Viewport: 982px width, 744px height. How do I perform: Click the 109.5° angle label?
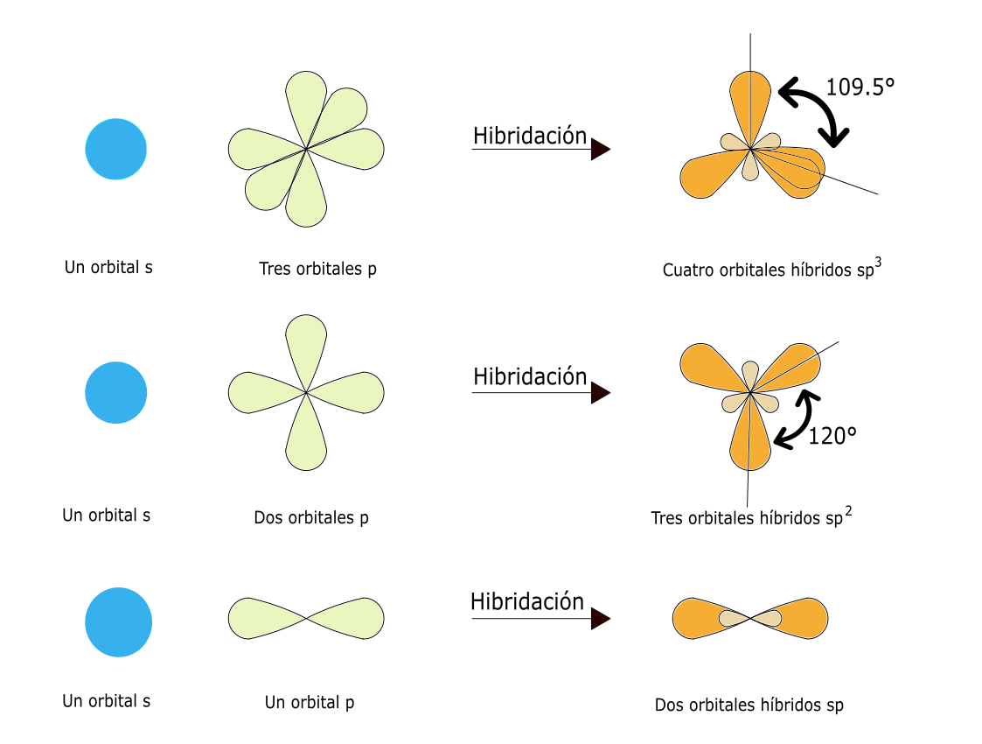click(860, 87)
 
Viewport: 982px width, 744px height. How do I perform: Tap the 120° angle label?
click(832, 435)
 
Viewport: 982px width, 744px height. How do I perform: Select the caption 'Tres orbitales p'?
click(317, 269)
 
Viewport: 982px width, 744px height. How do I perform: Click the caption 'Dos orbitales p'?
click(311, 517)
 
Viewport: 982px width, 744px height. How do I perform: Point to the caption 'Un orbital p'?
click(310, 702)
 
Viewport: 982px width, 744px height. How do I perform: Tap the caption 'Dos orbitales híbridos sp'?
click(749, 705)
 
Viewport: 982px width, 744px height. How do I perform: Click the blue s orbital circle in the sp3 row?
click(116, 149)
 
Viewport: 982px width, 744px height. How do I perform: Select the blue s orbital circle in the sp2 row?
click(116, 392)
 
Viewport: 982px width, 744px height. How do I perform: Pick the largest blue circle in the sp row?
click(118, 622)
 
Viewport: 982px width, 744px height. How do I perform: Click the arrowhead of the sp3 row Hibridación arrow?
click(599, 150)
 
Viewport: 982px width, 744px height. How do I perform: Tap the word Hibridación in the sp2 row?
click(530, 377)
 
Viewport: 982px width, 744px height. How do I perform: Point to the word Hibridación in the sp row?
click(527, 601)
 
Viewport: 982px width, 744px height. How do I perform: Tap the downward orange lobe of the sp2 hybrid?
click(750, 442)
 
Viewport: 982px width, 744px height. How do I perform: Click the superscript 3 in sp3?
click(877, 262)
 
